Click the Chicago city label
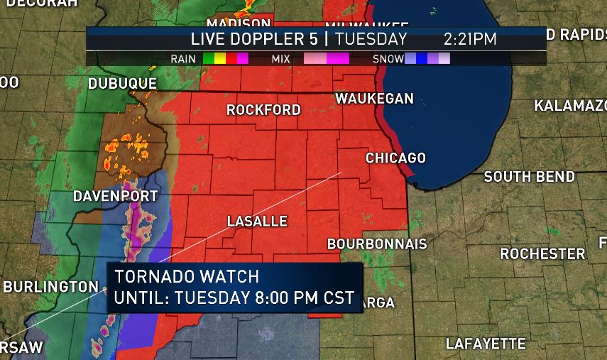tap(395, 158)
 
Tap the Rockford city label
tap(263, 110)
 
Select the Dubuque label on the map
tap(122, 84)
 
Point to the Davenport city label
tap(115, 196)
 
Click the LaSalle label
tap(257, 222)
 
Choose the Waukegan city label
tap(374, 99)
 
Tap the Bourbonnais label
tap(377, 244)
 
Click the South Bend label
tap(529, 177)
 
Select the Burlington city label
tap(51, 287)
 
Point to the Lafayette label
tap(486, 344)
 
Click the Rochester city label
tap(542, 253)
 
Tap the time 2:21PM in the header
tap(470, 39)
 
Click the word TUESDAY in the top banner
tap(371, 39)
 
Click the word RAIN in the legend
tap(183, 59)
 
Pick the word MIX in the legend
tap(281, 59)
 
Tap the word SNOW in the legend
tap(388, 59)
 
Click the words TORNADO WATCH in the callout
tap(187, 276)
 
